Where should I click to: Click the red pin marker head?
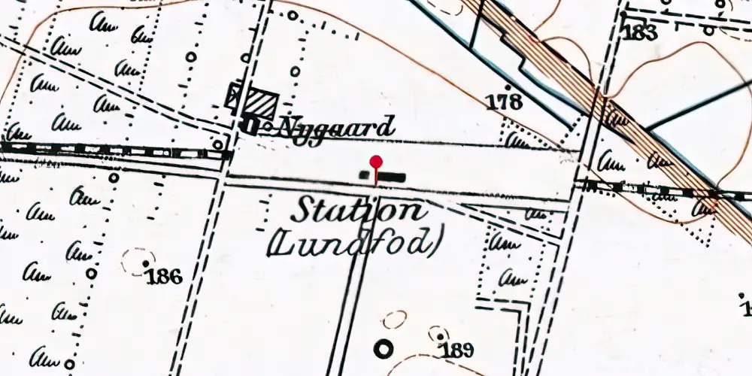tap(376, 162)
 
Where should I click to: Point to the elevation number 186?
tap(164, 277)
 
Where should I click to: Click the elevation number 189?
tap(458, 349)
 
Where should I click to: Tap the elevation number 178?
tap(504, 102)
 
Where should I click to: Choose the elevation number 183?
tap(640, 32)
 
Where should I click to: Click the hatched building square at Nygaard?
tap(262, 102)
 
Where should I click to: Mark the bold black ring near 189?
tap(384, 348)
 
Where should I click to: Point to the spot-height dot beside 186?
tap(146, 263)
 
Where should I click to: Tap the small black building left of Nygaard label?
tap(251, 125)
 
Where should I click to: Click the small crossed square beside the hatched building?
tap(235, 96)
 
